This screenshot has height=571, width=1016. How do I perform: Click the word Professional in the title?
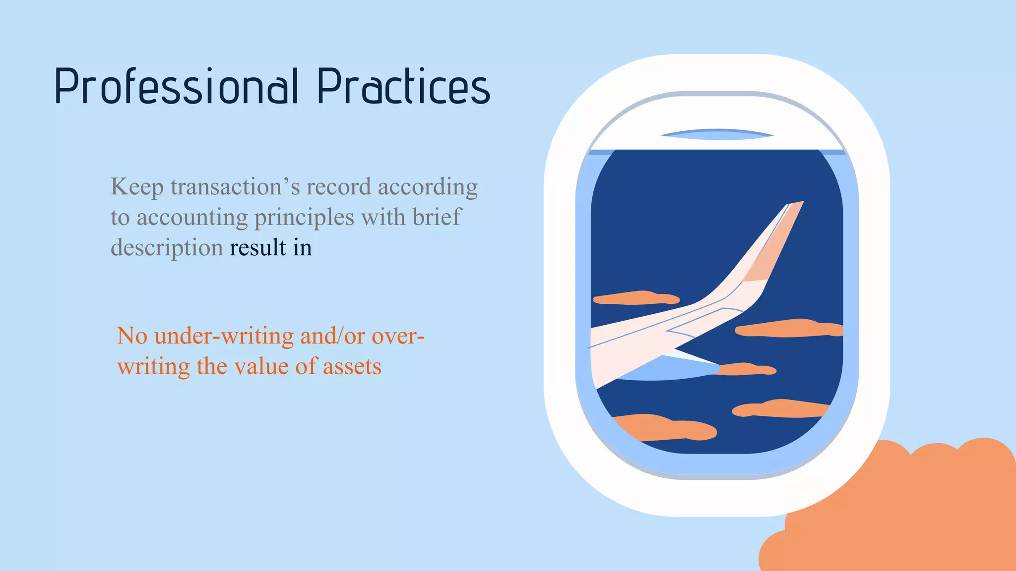[x=176, y=87]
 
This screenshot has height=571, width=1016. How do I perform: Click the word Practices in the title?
[x=403, y=87]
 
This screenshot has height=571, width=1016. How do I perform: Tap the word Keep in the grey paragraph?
[x=137, y=187]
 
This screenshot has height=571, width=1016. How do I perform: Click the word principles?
[x=304, y=218]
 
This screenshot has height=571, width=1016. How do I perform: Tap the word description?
[x=167, y=248]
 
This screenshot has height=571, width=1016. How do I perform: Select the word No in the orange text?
[x=132, y=336]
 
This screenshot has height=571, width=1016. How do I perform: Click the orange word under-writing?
[x=224, y=336]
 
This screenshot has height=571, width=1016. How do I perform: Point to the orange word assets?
[x=352, y=367]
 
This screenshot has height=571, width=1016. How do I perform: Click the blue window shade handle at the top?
[x=716, y=134]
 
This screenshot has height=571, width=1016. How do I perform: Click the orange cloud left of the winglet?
[x=635, y=298]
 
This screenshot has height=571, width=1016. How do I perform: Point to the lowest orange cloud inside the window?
[x=665, y=428]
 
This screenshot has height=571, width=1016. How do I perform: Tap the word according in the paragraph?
[x=428, y=187]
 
